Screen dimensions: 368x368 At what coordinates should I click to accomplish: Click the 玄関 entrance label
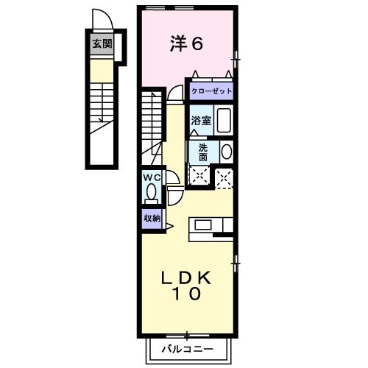[x=102, y=43]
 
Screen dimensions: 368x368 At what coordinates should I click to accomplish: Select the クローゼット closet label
[x=212, y=92]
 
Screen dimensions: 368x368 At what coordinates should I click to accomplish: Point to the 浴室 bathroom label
[x=202, y=121]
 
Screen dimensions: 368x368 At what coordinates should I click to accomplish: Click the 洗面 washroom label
[x=202, y=152]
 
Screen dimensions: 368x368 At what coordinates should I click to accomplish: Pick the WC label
[x=152, y=177]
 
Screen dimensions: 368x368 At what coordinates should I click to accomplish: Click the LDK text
[x=188, y=279]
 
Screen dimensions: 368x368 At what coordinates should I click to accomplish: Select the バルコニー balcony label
[x=188, y=349]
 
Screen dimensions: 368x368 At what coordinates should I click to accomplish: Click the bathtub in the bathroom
[x=224, y=120]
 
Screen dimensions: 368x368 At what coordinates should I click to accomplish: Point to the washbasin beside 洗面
[x=226, y=152]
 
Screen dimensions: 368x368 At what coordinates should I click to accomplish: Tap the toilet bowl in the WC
[x=152, y=193]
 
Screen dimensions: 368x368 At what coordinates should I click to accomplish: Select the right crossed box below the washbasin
[x=224, y=176]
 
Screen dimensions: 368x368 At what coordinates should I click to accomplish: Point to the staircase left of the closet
[x=152, y=118]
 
